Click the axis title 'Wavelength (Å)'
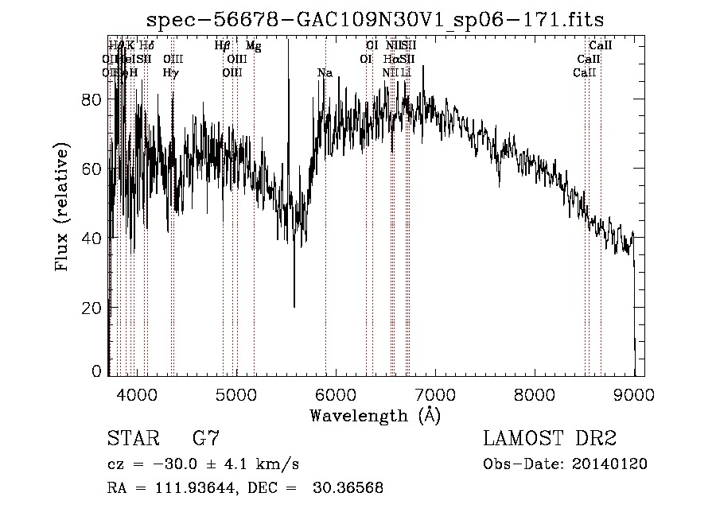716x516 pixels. coord(375,414)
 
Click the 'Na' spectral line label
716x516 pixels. coord(325,73)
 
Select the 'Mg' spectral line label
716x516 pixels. coord(253,46)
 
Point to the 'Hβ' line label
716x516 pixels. coord(223,46)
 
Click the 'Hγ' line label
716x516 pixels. coord(170,73)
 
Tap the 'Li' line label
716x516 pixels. coord(406,73)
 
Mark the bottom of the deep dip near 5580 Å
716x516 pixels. coord(294,305)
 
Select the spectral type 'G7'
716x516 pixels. coord(205,438)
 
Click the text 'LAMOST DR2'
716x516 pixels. coord(550,438)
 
